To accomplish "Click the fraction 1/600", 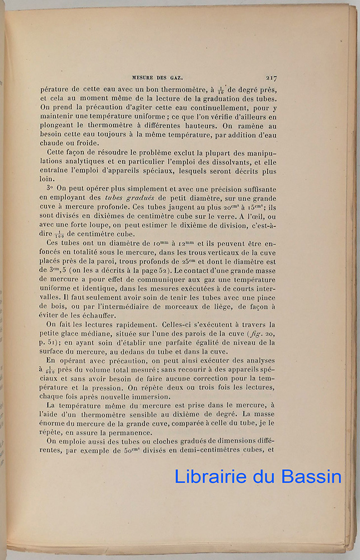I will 50,370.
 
